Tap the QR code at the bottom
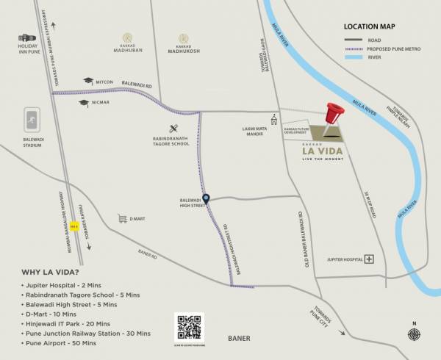tap(189, 325)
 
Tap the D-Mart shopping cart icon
tap(122, 218)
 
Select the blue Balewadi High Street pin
tap(207, 198)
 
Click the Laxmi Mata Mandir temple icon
tap(273, 118)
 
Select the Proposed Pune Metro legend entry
tap(383, 48)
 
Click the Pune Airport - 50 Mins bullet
tap(59, 343)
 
